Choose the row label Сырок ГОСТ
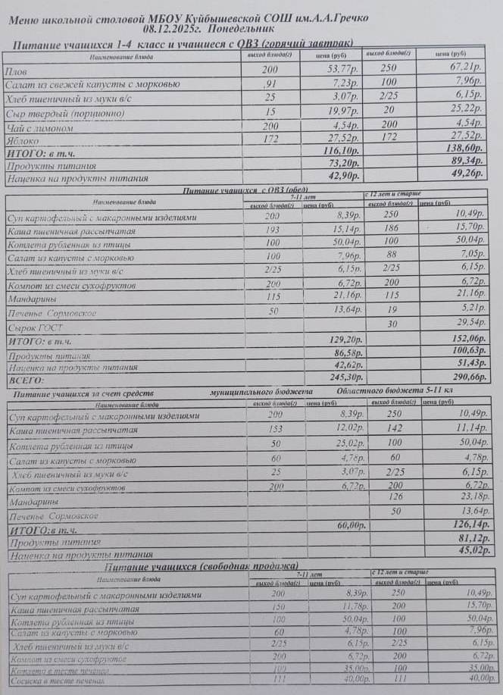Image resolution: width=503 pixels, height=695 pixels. coord(35,327)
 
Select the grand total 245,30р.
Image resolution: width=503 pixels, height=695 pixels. coord(338,377)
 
